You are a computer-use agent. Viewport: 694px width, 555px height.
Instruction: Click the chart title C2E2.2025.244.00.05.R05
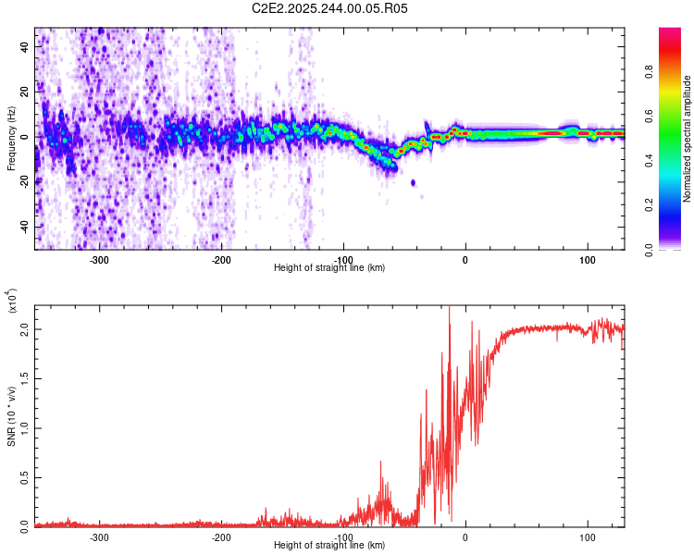point(329,8)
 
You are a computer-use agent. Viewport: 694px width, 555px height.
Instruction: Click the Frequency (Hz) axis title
point(11,139)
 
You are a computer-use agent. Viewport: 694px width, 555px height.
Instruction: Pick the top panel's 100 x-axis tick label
point(587,260)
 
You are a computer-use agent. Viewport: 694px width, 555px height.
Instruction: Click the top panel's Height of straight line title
point(329,268)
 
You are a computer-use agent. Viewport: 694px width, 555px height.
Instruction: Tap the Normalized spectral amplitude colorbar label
point(687,139)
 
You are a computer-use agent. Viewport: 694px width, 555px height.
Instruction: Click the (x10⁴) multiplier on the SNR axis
point(13,301)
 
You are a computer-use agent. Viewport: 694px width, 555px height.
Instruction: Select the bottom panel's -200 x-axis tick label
point(221,537)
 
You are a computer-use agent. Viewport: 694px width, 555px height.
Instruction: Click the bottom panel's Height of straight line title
point(329,546)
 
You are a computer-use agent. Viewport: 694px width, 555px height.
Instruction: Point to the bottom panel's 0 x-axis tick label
point(465,537)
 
